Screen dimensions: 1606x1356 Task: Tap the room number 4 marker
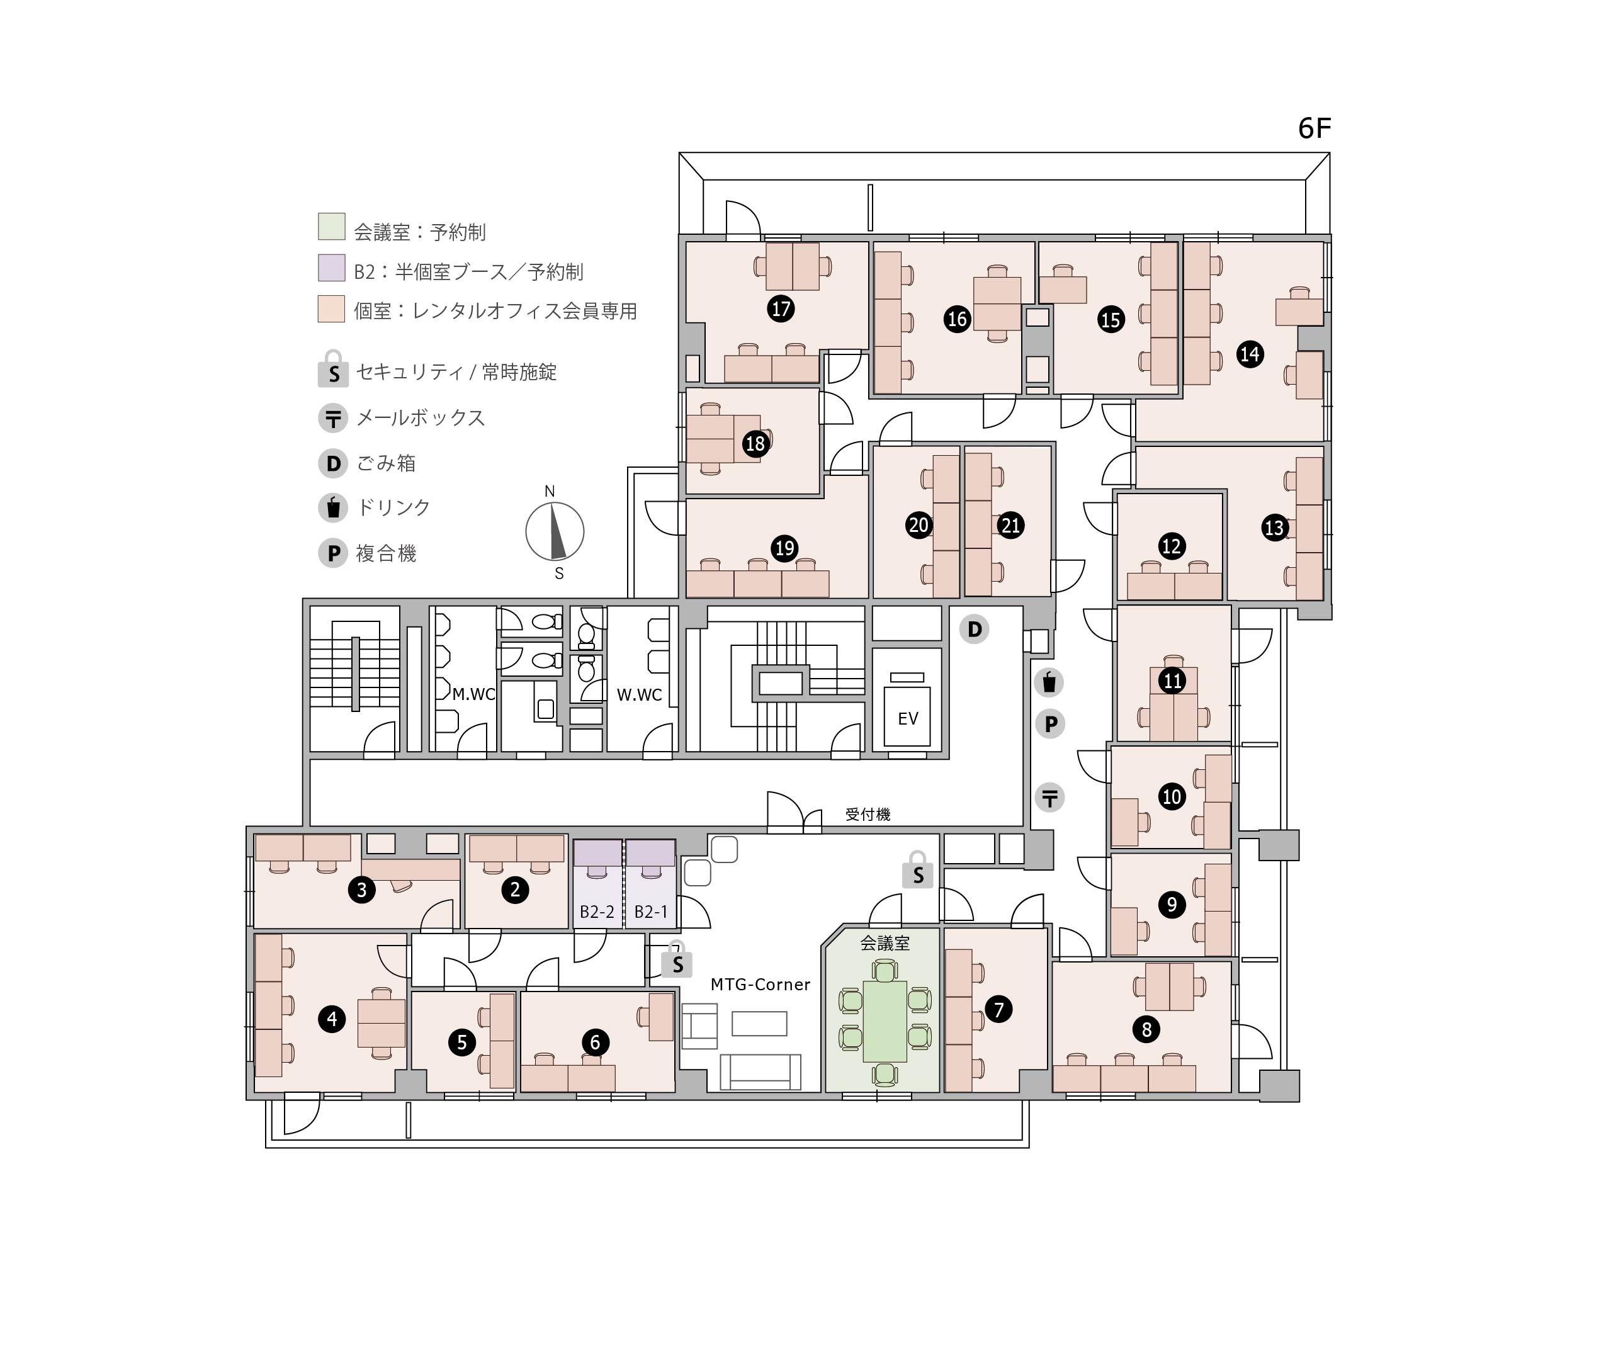click(x=332, y=1019)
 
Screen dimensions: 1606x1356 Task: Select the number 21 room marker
click(x=1010, y=526)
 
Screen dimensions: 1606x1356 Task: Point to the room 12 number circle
click(x=1171, y=546)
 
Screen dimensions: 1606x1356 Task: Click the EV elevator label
click(x=908, y=719)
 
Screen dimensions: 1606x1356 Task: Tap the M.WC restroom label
click(x=473, y=694)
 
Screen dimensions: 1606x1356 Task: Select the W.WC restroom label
click(x=639, y=695)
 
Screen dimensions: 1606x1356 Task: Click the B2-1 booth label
click(x=651, y=912)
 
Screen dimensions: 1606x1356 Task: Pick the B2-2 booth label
click(x=597, y=912)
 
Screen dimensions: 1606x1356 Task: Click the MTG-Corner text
click(x=761, y=985)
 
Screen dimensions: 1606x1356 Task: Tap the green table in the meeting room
click(x=885, y=1022)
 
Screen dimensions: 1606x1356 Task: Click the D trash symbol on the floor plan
click(x=974, y=630)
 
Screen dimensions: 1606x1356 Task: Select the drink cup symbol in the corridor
click(x=1049, y=682)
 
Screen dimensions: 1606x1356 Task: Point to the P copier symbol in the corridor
click(x=1049, y=724)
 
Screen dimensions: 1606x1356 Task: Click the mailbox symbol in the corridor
click(x=1049, y=798)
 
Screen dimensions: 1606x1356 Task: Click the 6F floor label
click(x=1314, y=128)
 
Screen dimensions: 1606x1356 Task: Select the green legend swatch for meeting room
click(x=331, y=227)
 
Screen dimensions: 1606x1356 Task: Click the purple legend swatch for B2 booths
click(x=331, y=268)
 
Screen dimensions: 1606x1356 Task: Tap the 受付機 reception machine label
click(x=868, y=814)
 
